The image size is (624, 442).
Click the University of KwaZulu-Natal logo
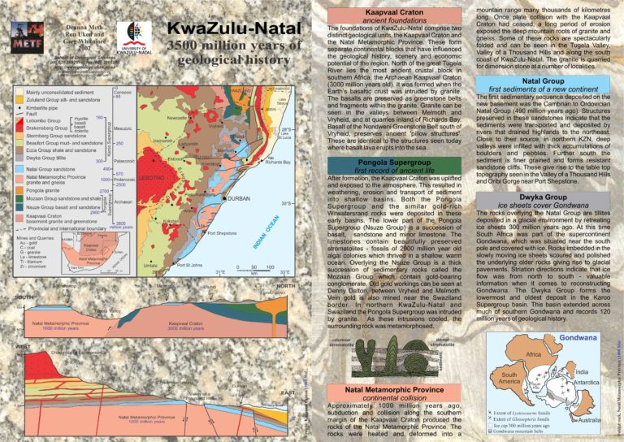(x=132, y=37)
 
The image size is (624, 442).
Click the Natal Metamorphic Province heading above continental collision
(x=388, y=389)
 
